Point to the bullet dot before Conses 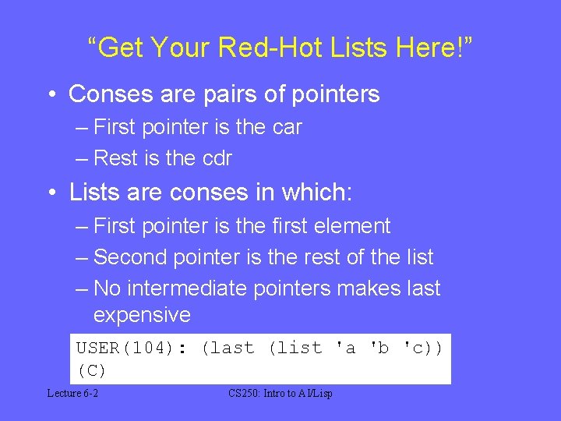tap(51, 95)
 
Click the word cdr tap(217, 158)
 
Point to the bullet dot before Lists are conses tap(51, 192)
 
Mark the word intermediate tap(188, 288)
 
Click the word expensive tap(141, 315)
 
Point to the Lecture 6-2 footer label tap(72, 394)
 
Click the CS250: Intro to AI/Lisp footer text tap(280, 394)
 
